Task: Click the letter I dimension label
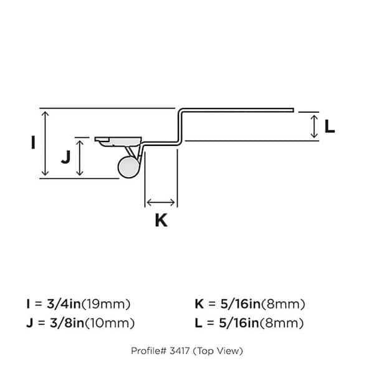click(x=32, y=142)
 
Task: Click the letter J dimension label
click(x=65, y=157)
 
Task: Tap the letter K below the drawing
click(x=161, y=220)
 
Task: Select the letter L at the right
click(x=330, y=127)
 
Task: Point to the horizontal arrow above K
click(x=161, y=202)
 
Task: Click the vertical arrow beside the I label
click(x=44, y=143)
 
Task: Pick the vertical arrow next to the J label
click(x=79, y=158)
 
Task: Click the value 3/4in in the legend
click(x=68, y=305)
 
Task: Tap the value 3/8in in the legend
click(x=68, y=323)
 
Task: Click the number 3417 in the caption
click(x=179, y=351)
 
